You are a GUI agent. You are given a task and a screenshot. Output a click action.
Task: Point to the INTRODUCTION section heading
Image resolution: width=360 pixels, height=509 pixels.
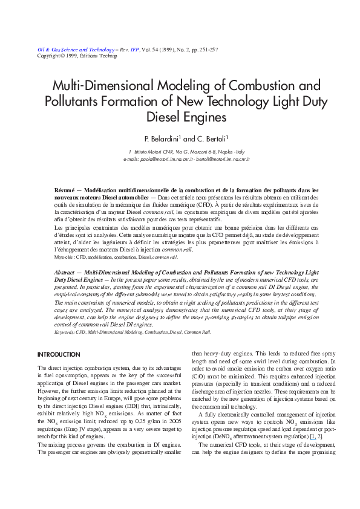click(x=56, y=354)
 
